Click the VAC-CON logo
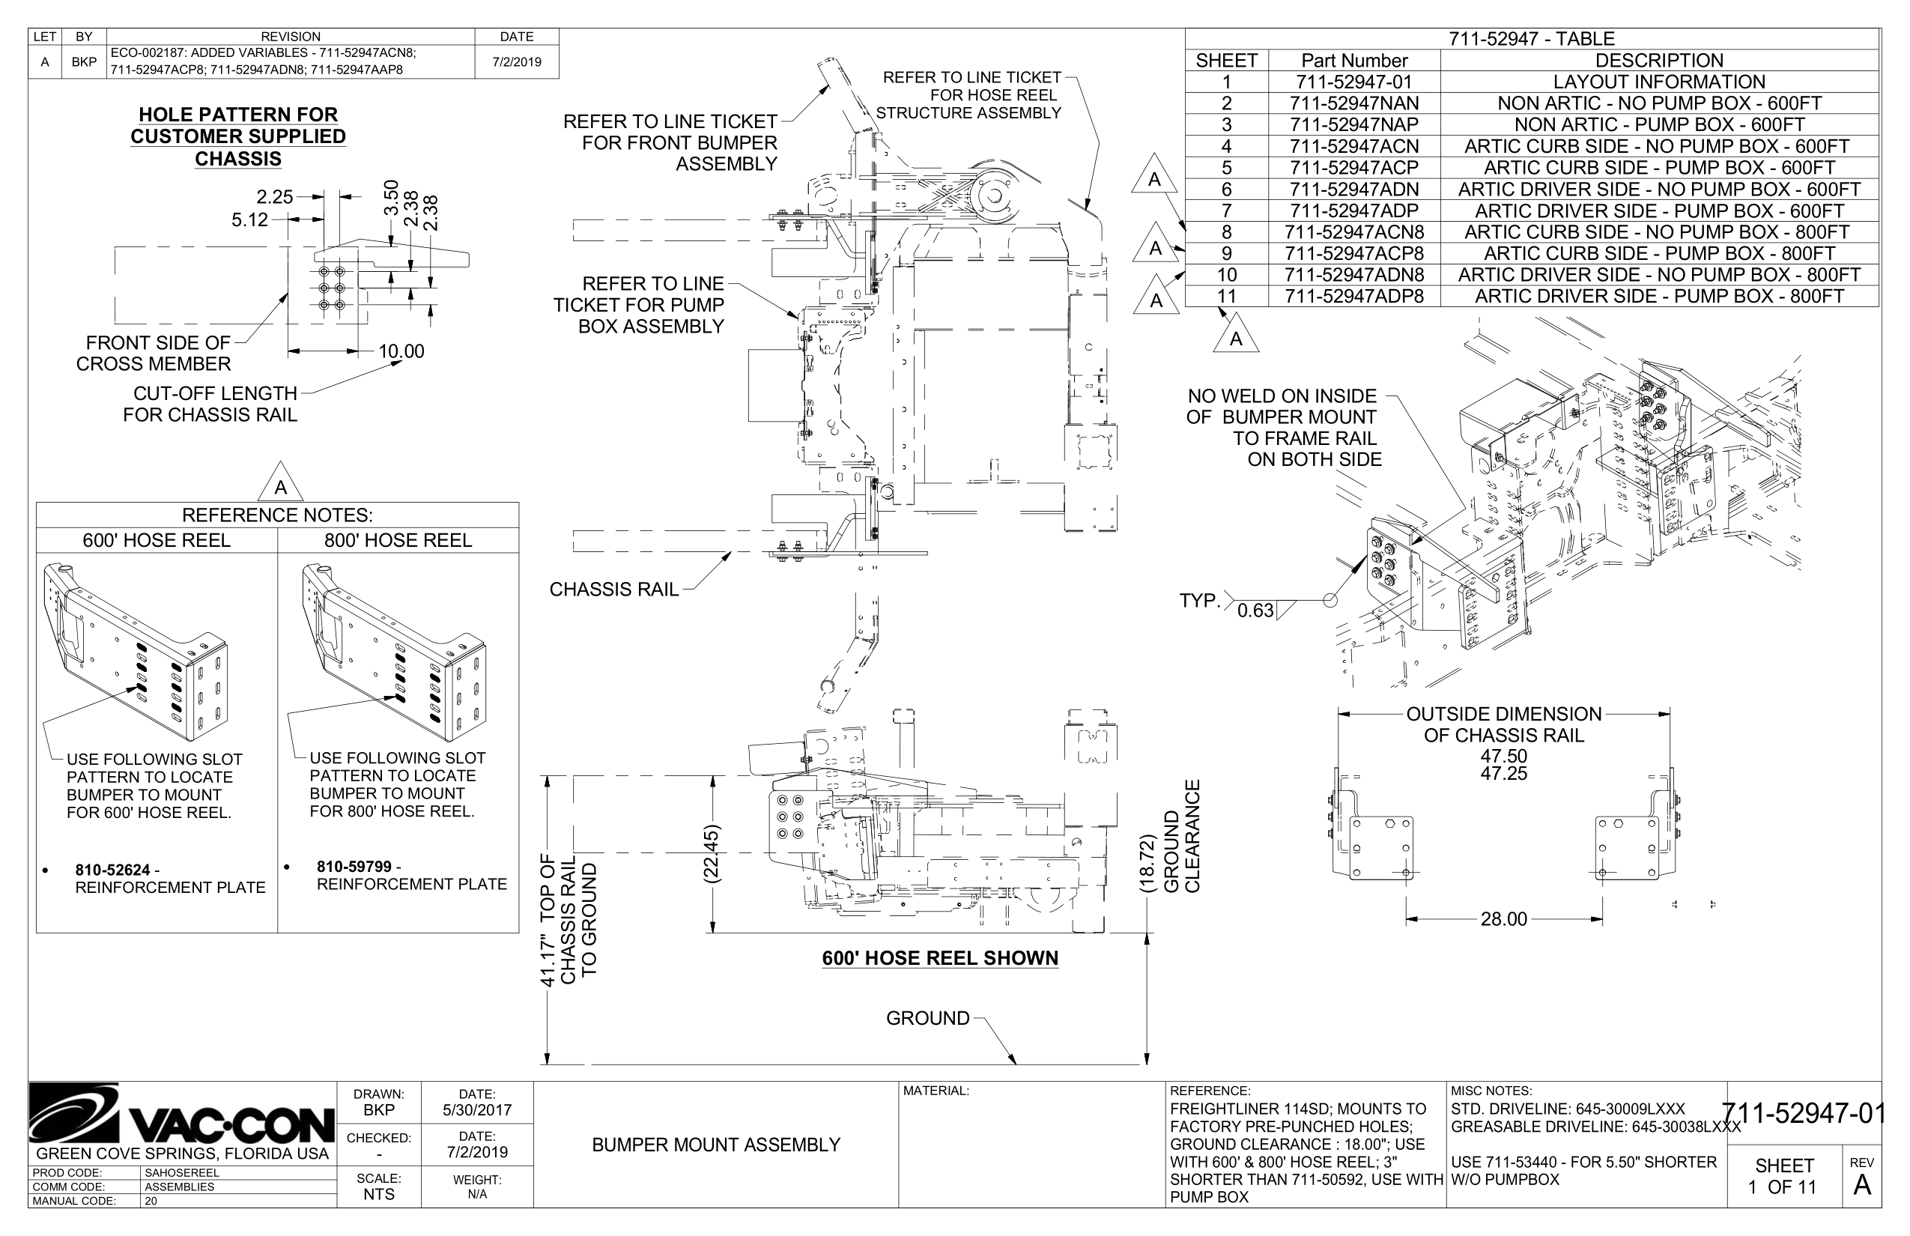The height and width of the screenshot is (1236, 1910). point(181,1117)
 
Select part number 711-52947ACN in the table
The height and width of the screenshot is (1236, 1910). point(1354,146)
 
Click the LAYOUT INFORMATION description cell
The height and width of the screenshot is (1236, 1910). point(1659,82)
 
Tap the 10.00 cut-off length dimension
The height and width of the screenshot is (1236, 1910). point(401,351)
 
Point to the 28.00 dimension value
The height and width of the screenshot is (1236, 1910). point(1503,919)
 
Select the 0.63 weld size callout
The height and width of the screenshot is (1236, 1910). point(1255,611)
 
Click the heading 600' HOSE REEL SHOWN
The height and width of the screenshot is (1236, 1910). point(940,958)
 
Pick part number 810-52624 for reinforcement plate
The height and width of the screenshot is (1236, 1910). point(112,870)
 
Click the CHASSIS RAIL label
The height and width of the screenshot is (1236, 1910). point(614,590)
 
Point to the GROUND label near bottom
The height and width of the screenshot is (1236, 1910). point(928,1019)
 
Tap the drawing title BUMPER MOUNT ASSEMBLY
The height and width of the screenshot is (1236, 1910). point(716,1145)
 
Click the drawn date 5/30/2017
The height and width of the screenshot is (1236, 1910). point(476,1111)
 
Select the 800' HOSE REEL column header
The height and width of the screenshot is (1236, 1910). point(398,541)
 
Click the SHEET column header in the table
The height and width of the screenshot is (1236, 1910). point(1226,61)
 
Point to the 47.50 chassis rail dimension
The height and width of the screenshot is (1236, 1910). point(1503,756)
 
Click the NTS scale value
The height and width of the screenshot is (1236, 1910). point(379,1194)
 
